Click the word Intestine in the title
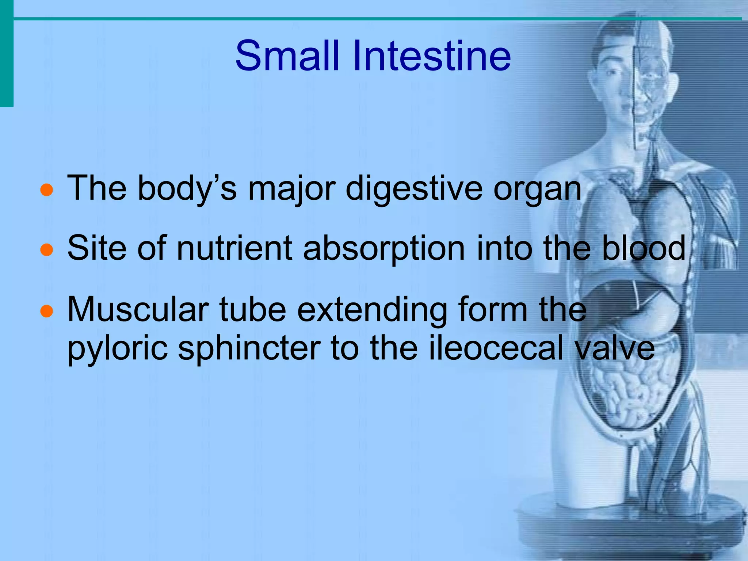431,56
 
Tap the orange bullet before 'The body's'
46,190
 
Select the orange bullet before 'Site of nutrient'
46,250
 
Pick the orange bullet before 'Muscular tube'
46,311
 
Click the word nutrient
234,248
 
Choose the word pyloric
117,349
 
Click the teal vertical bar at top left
6,55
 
